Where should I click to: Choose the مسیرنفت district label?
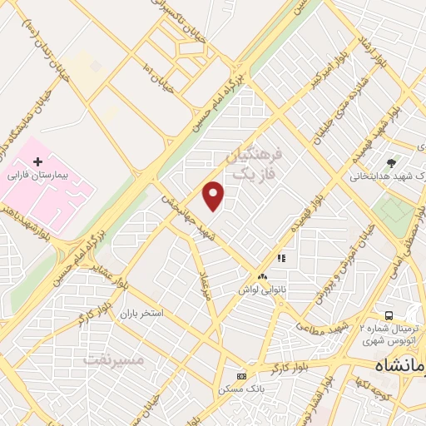pyautogui.click(x=114, y=360)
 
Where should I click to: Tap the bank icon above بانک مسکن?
pyautogui.click(x=241, y=375)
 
